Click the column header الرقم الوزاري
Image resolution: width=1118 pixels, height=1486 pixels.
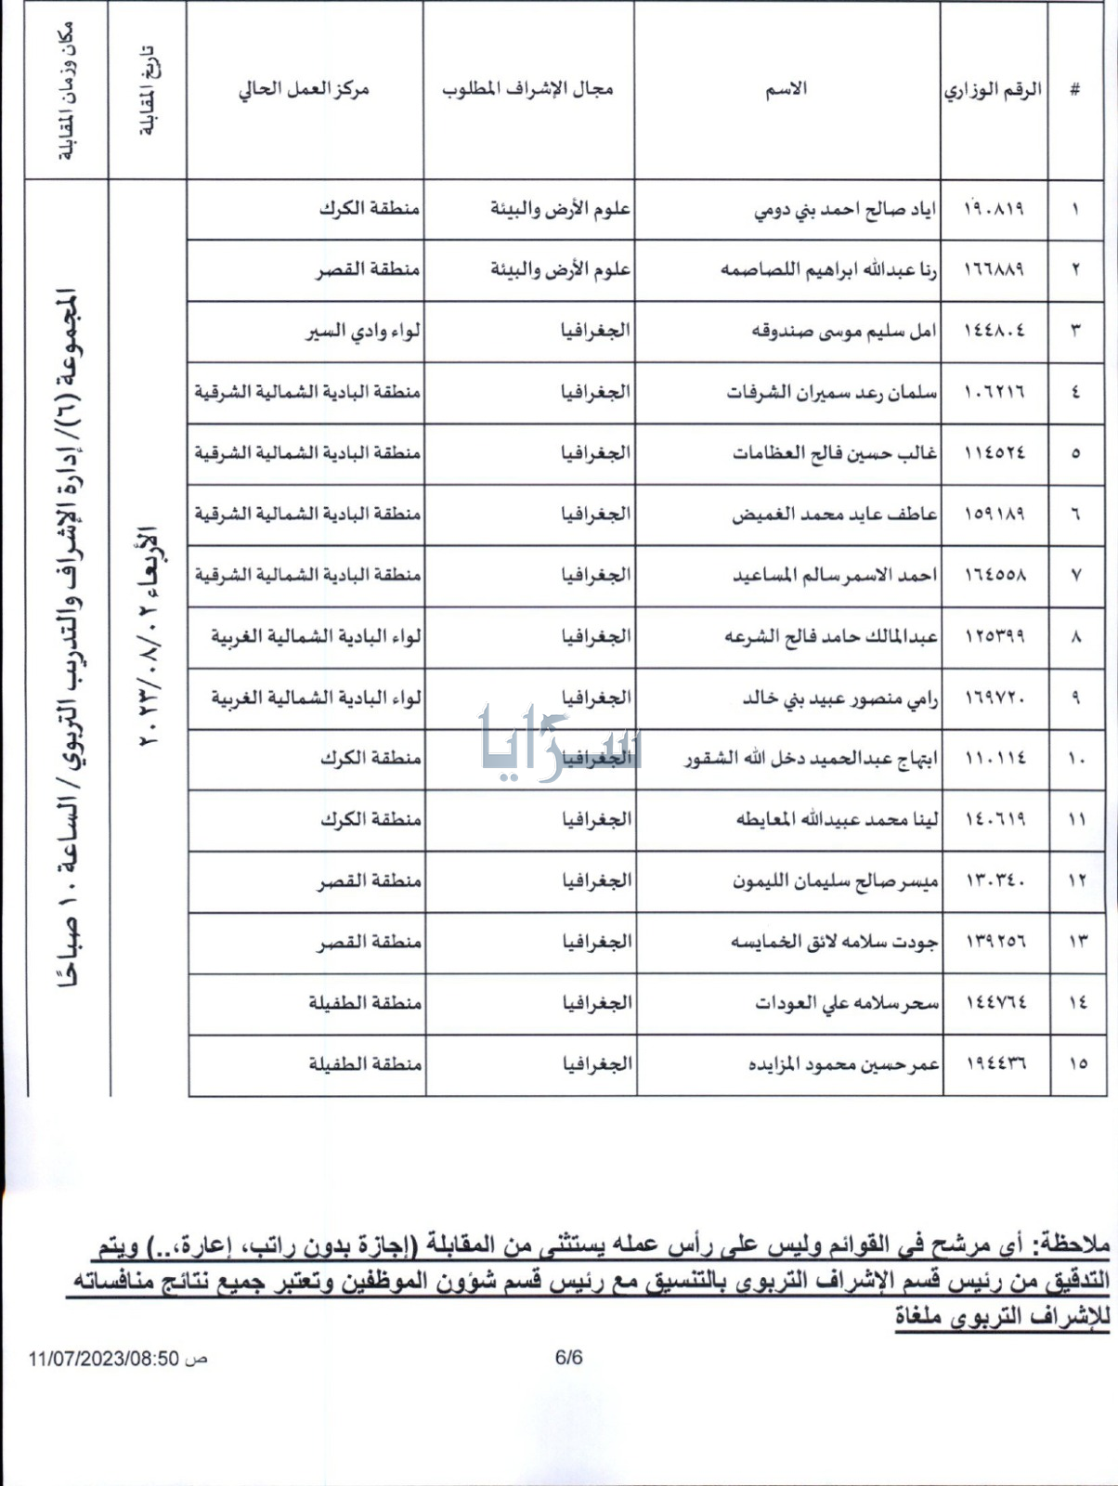[x=993, y=91]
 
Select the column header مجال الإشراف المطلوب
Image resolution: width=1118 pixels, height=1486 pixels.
[x=527, y=89]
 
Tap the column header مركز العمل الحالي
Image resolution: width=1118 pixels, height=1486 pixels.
[x=304, y=89]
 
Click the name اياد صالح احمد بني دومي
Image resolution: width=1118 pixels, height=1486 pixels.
[x=844, y=210]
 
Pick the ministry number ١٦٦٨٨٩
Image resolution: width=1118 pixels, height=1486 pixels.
[x=994, y=269]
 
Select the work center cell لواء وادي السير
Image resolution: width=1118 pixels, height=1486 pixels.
[x=363, y=331]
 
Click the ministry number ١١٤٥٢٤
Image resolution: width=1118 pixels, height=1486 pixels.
[x=994, y=453]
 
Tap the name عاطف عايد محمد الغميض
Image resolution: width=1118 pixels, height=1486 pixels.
[x=834, y=514]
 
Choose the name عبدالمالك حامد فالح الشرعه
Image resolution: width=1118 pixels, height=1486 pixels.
[x=831, y=636]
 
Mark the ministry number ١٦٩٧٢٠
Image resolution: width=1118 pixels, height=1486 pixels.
[x=994, y=697]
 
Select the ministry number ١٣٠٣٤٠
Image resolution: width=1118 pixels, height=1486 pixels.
[x=994, y=880]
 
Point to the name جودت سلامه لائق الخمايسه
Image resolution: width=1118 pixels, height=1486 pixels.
[x=834, y=942]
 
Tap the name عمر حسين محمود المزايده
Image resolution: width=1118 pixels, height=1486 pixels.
[x=843, y=1064]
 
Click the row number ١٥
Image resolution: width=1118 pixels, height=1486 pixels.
[x=1077, y=1064]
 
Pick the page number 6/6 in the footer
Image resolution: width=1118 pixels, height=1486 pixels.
[x=568, y=1357]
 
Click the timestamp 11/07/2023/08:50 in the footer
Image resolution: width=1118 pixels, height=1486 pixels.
[x=103, y=1359]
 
